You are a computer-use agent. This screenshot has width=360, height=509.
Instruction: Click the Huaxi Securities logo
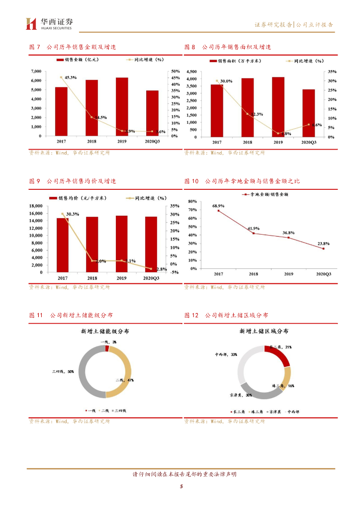click(50, 23)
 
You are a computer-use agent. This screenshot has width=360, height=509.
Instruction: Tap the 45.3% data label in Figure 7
click(71, 78)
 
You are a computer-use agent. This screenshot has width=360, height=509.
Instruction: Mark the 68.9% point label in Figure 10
click(218, 205)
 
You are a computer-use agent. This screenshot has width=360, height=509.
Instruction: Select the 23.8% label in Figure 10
click(323, 244)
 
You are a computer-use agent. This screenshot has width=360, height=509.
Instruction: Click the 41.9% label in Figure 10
click(254, 228)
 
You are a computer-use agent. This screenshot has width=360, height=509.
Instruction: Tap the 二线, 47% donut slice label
click(127, 380)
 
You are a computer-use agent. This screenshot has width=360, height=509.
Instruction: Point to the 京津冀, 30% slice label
click(241, 395)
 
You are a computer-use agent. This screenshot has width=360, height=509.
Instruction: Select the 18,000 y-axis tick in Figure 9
click(34, 206)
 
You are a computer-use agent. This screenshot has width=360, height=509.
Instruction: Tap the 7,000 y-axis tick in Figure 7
click(35, 72)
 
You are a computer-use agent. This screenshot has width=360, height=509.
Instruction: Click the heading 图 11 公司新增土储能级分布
click(71, 315)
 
